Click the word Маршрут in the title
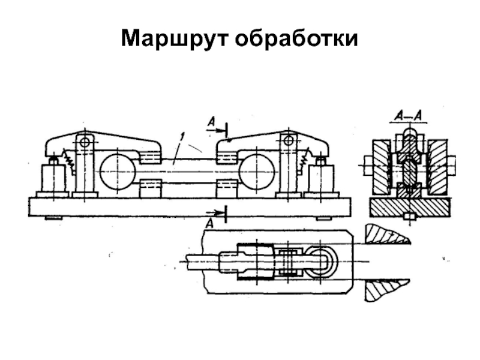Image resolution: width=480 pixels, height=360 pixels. pos(174,38)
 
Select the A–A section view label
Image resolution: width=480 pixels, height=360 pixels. pos(406,115)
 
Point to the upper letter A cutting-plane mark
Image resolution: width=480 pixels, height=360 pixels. pos(211,122)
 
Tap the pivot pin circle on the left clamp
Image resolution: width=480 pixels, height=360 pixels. pos(85,142)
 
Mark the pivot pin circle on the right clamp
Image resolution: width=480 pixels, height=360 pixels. pos(289,140)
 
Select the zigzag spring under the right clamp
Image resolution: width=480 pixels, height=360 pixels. pos(303,160)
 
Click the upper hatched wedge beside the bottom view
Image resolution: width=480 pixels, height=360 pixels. pos(384,233)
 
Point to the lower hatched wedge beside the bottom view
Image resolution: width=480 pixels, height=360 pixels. pos(384,290)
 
